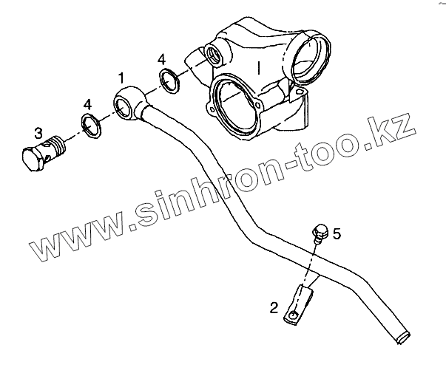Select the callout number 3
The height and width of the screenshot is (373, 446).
[x=38, y=134]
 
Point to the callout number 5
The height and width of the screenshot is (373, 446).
[x=337, y=234]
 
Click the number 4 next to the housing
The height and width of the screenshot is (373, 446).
[x=161, y=59]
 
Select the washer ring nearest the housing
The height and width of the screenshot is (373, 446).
[x=169, y=81]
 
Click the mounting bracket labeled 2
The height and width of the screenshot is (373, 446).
[x=303, y=304]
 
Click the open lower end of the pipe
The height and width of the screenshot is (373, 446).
[x=404, y=336]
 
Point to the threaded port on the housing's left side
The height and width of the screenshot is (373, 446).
[x=216, y=55]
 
